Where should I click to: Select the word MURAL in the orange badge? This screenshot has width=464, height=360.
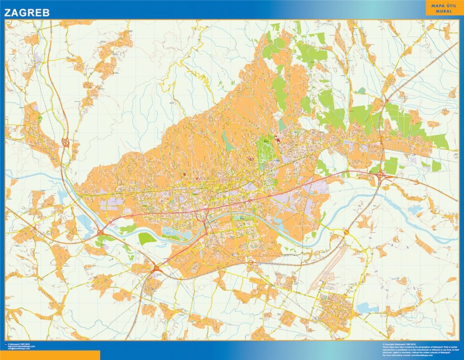click(x=441, y=10)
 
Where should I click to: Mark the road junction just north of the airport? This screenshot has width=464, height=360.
click(x=346, y=233)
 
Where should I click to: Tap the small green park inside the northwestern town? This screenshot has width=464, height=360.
click(x=40, y=119)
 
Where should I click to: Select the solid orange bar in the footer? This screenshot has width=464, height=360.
click(x=50, y=355)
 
